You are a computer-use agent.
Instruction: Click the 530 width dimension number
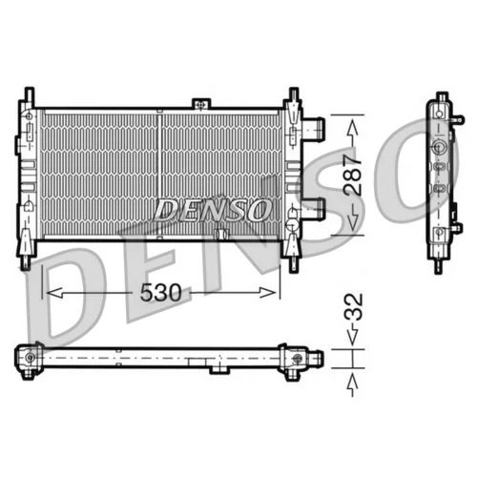click(160, 293)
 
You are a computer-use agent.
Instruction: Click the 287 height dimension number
click(353, 175)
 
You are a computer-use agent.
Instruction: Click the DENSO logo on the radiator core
click(212, 210)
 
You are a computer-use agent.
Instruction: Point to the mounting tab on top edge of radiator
click(201, 104)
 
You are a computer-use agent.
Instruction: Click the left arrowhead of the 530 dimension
click(54, 293)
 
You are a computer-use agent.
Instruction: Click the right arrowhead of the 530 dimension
click(268, 293)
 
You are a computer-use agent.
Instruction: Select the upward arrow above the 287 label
click(353, 132)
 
